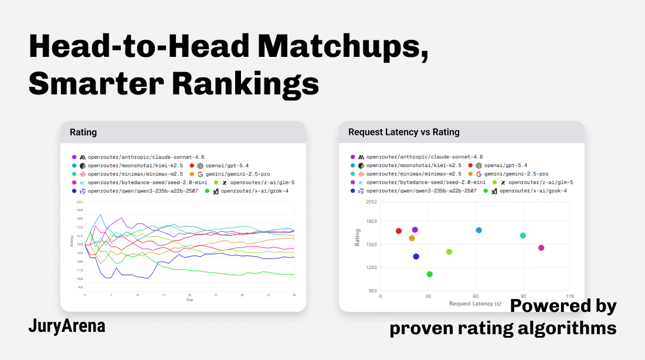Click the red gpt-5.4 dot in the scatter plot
[399, 231]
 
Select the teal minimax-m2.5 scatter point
[523, 236]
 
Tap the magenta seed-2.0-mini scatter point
[541, 248]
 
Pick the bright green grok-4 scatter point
[430, 274]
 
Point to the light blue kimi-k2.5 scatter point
[478, 230]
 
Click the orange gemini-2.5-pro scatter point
[412, 238]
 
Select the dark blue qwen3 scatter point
[416, 257]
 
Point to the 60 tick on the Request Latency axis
[476, 296]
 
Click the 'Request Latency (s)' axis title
[476, 304]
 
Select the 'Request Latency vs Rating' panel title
[404, 132]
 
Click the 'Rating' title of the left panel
[83, 132]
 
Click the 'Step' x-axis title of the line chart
[189, 300]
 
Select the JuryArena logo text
[67, 327]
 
